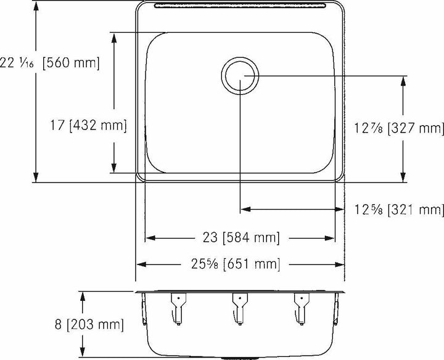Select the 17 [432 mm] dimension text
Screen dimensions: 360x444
tap(88, 125)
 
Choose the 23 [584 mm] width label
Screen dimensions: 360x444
tap(241, 237)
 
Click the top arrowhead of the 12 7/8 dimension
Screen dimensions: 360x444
tap(403, 81)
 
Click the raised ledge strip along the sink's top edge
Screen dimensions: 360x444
tap(240, 6)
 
